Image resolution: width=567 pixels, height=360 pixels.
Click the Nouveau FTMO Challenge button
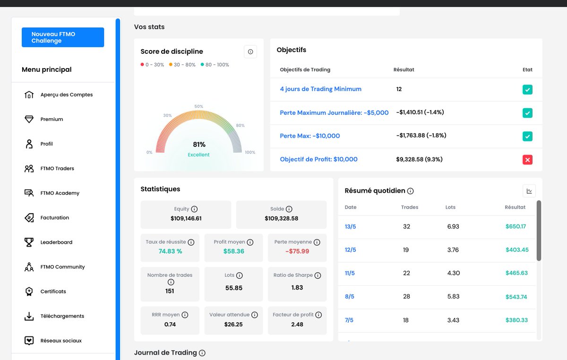coord(63,37)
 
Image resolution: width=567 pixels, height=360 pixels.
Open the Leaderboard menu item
coord(56,242)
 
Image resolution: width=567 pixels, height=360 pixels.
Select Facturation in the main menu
coord(55,218)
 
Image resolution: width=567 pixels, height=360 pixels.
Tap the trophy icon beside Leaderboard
coord(29,242)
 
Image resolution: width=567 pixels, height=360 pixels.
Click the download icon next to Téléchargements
coord(29,316)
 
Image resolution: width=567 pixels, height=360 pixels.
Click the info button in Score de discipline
coord(250,51)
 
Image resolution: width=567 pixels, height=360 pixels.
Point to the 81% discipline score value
coord(199,145)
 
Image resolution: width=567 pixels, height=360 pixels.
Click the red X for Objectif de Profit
coord(527,160)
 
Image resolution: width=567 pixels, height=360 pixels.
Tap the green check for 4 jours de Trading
coord(527,90)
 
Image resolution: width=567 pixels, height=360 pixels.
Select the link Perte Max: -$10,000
coord(310,136)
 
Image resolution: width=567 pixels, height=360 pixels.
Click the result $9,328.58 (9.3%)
coord(419,159)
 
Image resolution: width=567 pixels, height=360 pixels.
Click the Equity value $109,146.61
coord(186,218)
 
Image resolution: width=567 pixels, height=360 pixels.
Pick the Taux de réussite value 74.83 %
coord(171,251)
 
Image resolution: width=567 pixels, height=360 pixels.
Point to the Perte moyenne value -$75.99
coord(297,251)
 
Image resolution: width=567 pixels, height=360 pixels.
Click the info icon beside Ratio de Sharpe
coord(318,275)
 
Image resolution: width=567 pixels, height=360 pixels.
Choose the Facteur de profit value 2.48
coord(297,325)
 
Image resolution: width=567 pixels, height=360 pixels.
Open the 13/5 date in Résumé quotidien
coord(350,227)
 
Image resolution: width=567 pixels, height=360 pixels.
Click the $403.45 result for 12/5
coord(517,250)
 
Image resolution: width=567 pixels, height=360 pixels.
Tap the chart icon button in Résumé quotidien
coord(529,191)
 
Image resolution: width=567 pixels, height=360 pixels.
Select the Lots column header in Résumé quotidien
coord(450,207)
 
